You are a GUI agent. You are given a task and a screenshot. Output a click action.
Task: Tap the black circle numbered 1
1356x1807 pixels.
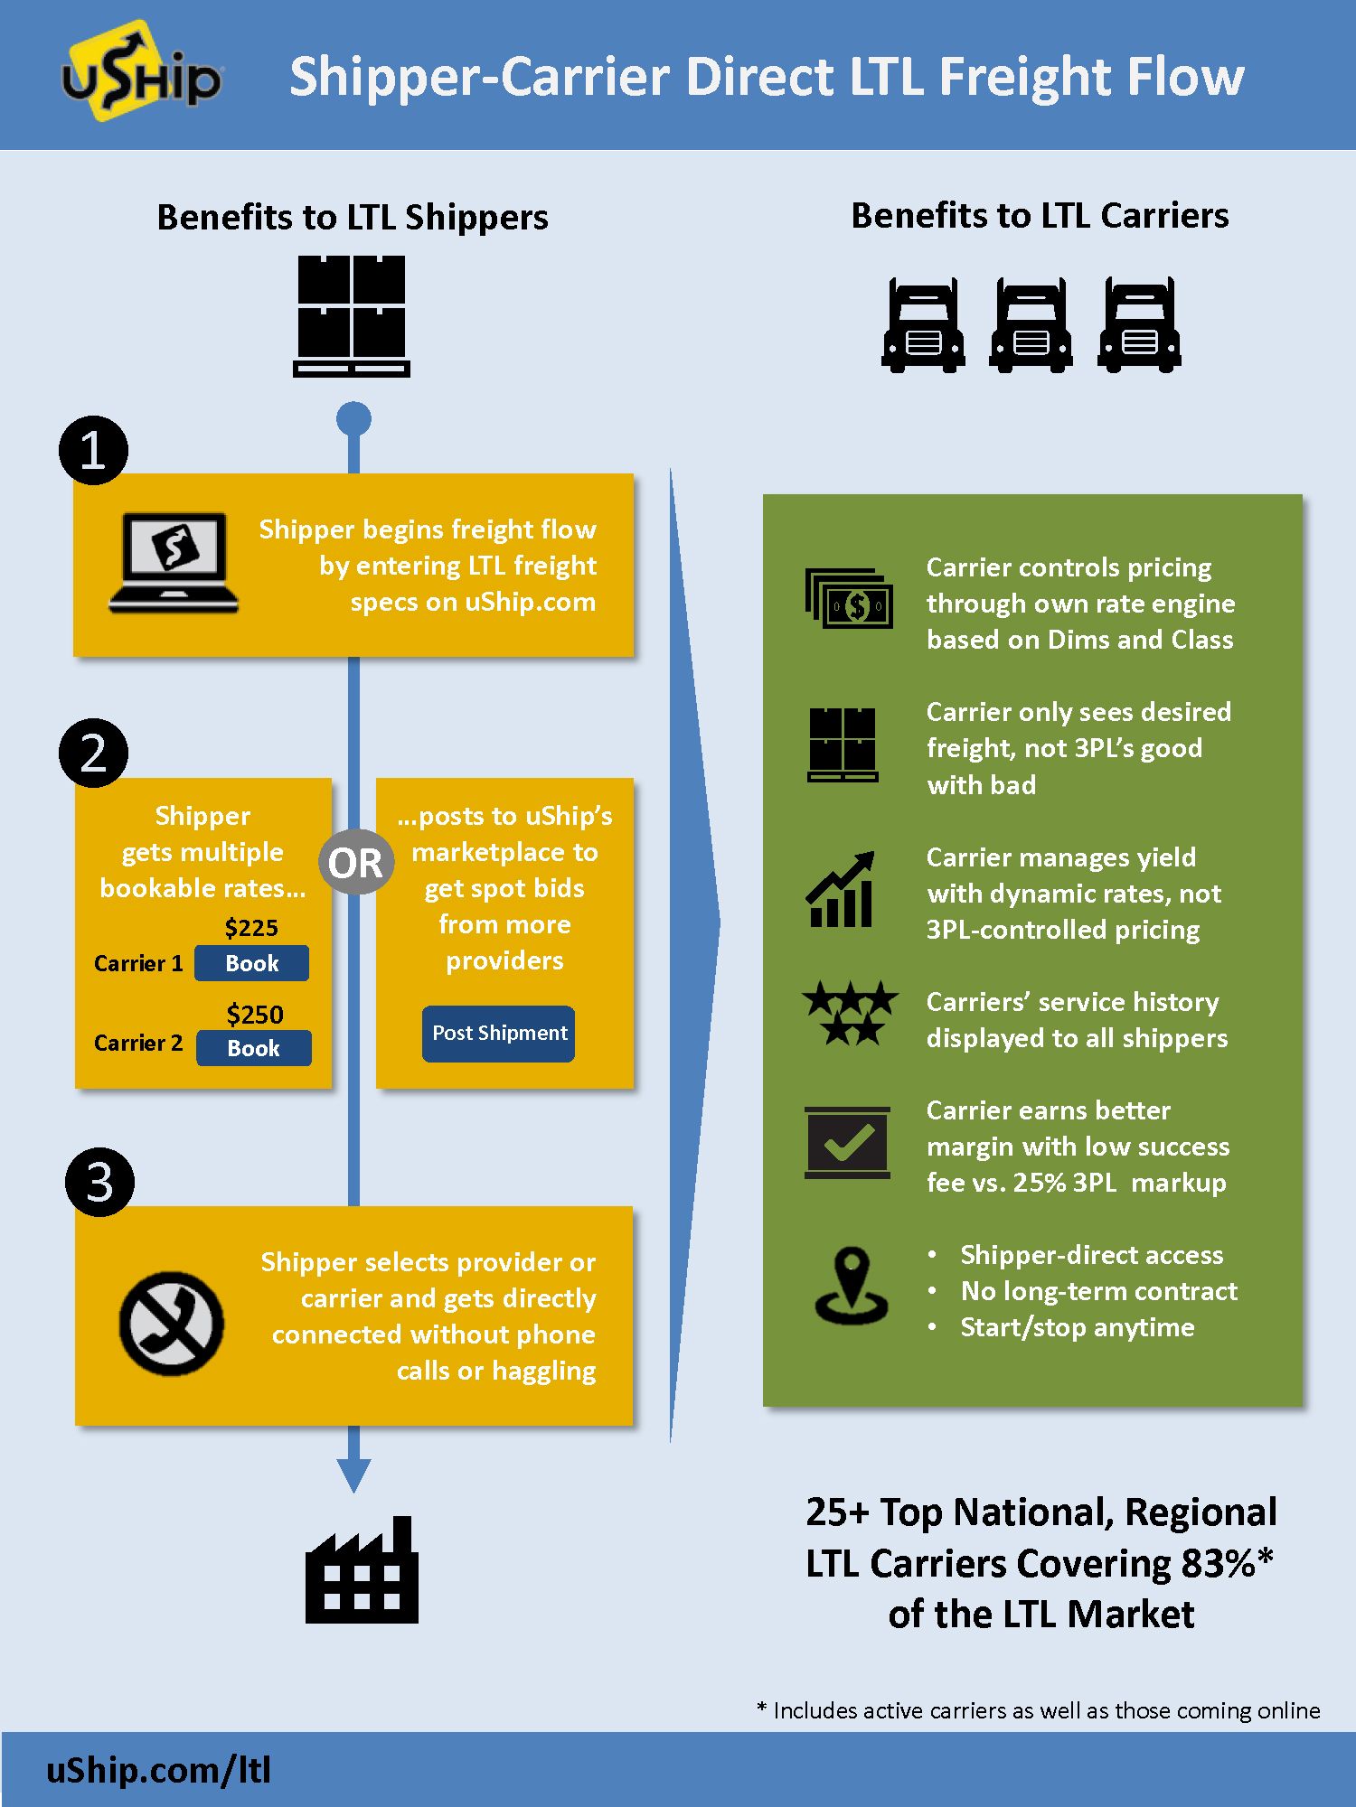pos(93,450)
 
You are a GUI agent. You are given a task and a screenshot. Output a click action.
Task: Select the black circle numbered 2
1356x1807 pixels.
pos(93,753)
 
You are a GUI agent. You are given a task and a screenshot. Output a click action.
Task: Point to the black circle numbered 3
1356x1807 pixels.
pos(99,1182)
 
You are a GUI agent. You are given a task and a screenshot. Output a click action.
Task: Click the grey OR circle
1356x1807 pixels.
pos(355,863)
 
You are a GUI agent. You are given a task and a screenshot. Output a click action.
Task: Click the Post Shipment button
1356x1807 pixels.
pos(499,1034)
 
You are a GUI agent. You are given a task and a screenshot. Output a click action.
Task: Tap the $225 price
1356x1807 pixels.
pos(251,928)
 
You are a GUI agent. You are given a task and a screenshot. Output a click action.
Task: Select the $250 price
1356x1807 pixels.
pos(255,1015)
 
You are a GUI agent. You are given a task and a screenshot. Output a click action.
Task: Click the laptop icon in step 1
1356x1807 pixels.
pos(174,563)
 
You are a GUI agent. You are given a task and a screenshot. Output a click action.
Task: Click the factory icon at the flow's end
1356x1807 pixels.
pos(362,1572)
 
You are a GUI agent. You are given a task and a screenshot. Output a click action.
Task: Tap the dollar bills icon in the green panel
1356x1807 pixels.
pos(849,598)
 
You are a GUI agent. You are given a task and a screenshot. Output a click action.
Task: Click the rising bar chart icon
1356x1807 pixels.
pos(841,890)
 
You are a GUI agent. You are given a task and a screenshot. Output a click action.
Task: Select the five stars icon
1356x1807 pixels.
pos(850,1013)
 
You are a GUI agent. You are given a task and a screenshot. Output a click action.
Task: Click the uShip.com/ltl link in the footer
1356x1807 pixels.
pos(159,1770)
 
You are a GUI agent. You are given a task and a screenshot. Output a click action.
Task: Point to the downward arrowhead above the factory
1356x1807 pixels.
pos(353,1474)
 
